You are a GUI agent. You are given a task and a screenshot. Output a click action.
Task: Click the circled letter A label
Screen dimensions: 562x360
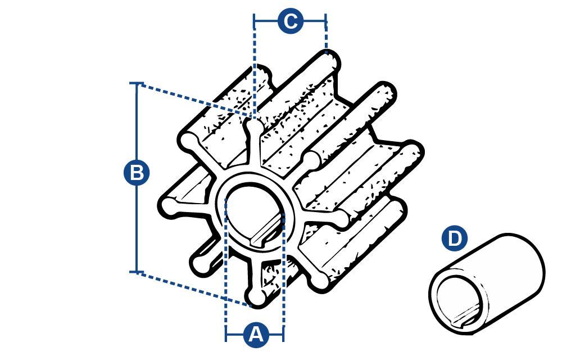[256, 335]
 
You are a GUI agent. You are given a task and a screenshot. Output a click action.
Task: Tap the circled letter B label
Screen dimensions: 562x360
[136, 173]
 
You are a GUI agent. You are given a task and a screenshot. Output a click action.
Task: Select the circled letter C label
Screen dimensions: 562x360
[291, 21]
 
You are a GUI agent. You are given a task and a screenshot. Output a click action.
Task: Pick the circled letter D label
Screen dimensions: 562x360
[455, 238]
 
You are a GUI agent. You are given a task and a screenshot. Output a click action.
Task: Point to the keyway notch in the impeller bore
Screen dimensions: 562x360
[265, 235]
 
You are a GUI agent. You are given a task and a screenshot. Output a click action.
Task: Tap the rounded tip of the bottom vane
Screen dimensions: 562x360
[257, 297]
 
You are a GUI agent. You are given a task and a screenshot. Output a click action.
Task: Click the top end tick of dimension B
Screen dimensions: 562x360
[136, 83]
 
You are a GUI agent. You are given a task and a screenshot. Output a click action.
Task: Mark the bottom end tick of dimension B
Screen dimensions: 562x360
[136, 272]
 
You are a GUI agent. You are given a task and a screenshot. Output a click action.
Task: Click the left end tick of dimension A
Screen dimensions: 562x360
[226, 334]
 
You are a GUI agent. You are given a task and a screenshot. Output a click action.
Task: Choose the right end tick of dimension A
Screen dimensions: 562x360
[283, 334]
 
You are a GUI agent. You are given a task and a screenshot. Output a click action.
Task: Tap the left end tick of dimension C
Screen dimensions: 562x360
[254, 21]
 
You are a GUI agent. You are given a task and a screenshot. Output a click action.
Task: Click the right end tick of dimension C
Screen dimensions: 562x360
[326, 21]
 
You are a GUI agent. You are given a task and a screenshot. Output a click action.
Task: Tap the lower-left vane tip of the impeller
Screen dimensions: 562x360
[201, 264]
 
